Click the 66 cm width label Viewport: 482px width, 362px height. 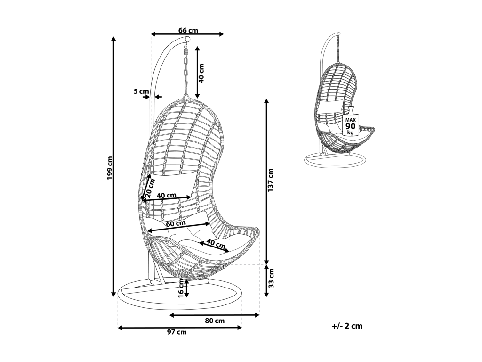[188, 30]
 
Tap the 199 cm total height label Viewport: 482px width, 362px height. [109, 167]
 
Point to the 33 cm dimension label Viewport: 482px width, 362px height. [271, 280]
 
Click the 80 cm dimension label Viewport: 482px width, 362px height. [215, 321]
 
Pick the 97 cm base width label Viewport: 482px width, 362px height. [177, 332]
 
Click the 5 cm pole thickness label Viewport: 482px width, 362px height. [141, 91]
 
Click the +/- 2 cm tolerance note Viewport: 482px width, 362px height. [347, 326]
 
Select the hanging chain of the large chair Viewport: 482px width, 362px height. [186, 75]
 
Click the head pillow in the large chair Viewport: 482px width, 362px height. [172, 184]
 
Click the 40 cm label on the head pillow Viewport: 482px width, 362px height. [167, 195]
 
